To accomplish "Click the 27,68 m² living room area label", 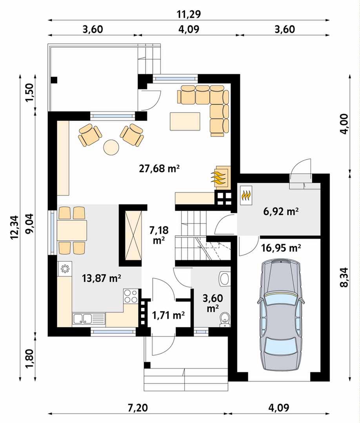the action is [159, 169].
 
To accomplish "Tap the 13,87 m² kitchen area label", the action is [101, 278].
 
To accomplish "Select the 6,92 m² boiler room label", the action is [281, 211].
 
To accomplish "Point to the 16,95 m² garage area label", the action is [281, 248].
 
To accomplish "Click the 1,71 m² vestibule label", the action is [168, 314].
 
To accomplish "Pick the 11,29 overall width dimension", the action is [189, 14].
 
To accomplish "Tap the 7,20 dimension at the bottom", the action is [138, 408].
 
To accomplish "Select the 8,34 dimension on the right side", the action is [346, 278].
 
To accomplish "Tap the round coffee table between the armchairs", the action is [111, 147].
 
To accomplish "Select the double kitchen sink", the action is [89, 318].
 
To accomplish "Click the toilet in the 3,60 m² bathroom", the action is [224, 318].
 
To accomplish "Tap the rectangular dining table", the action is [72, 231].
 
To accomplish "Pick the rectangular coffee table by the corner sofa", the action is [185, 122].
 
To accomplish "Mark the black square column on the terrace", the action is [54, 80].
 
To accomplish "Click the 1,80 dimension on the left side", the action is [29, 358].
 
